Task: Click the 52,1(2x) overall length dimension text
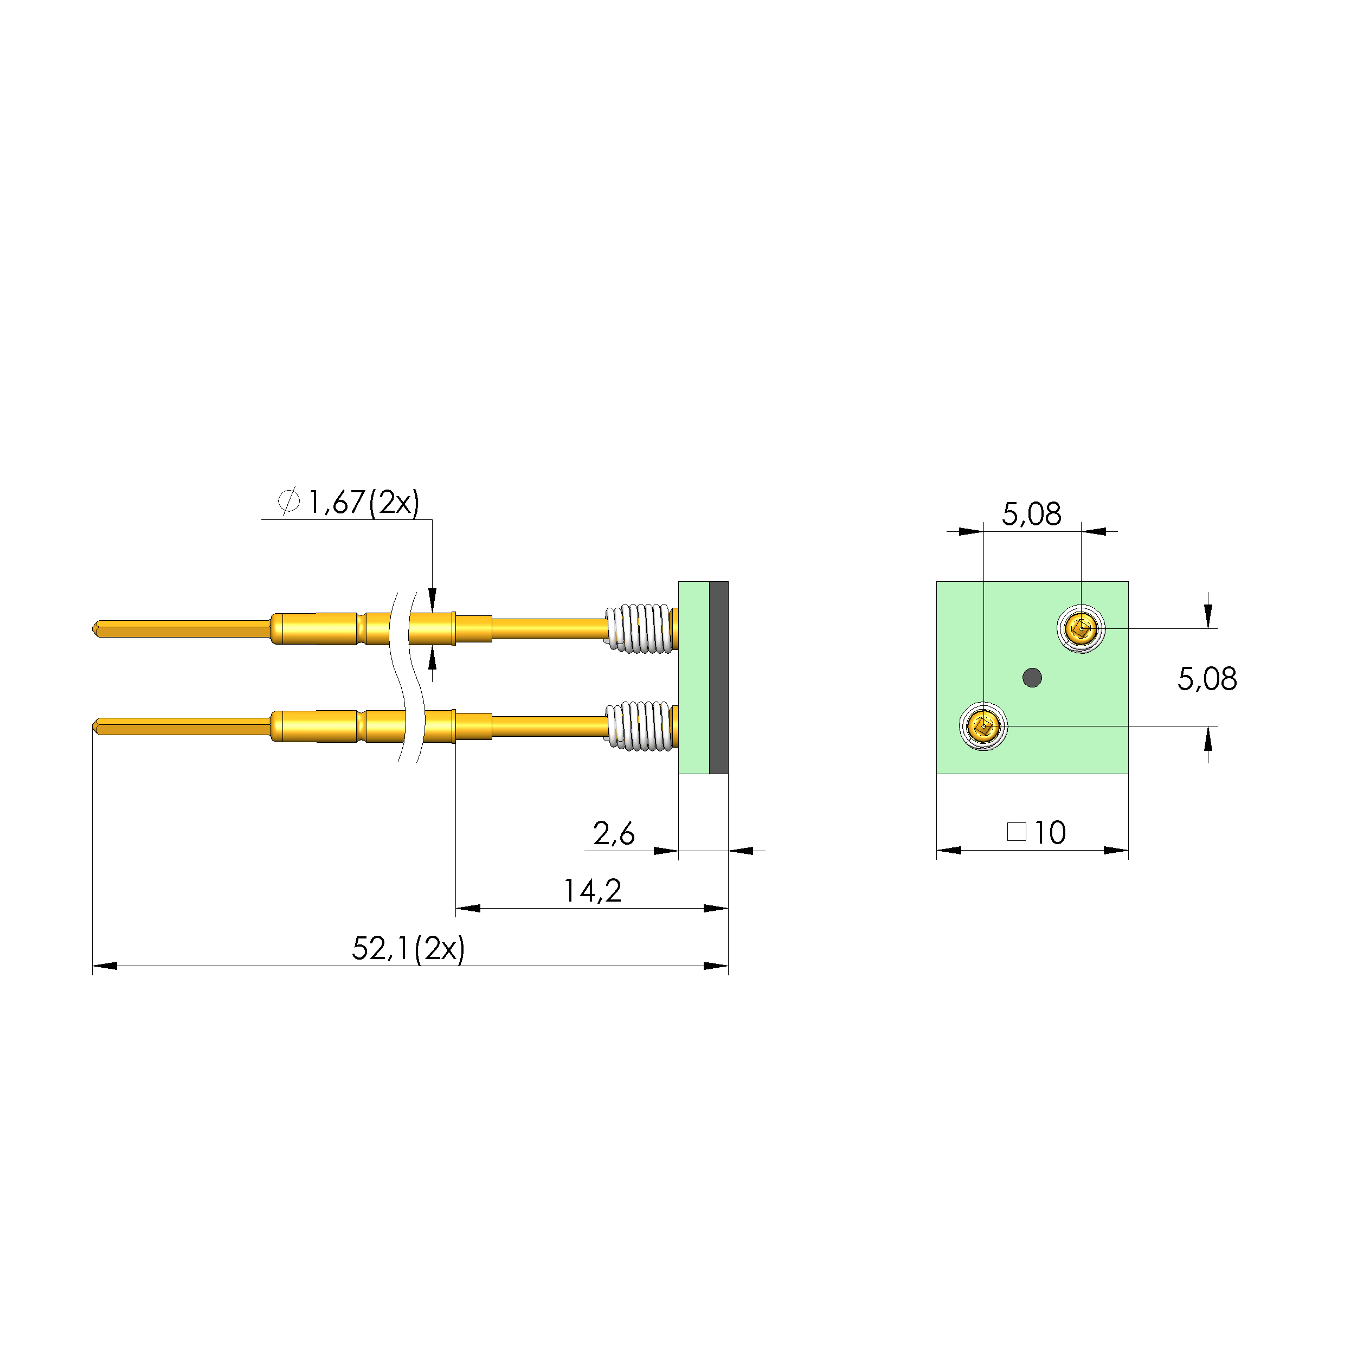click(x=408, y=949)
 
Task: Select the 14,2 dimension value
click(x=592, y=891)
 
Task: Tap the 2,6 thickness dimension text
click(x=613, y=834)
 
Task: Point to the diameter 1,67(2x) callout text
click(x=363, y=502)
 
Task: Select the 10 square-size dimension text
click(x=1050, y=833)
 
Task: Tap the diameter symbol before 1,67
click(x=288, y=501)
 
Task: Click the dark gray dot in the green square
click(x=1032, y=678)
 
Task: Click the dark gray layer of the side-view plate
click(x=718, y=678)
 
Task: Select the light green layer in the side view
click(x=693, y=678)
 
